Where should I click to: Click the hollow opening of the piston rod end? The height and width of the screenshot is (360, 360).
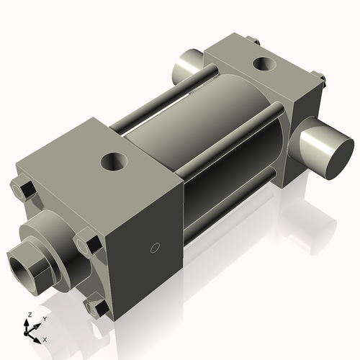(x=26, y=258)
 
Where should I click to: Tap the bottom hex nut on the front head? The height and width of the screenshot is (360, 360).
(x=97, y=309)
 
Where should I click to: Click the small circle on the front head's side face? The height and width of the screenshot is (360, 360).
(x=153, y=248)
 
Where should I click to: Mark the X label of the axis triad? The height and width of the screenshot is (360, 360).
(x=45, y=338)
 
